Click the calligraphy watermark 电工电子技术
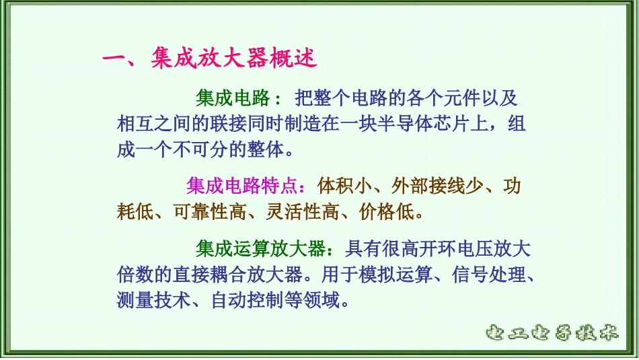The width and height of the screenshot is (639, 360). (x=552, y=332)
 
